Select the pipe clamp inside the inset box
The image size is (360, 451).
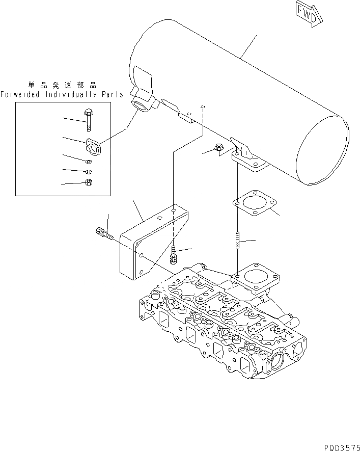pos(93,146)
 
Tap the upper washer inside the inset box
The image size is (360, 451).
pos(88,162)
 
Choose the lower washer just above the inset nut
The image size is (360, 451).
pos(88,171)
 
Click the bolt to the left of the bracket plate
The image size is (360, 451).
pos(103,235)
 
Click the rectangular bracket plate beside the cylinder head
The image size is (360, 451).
pos(143,245)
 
